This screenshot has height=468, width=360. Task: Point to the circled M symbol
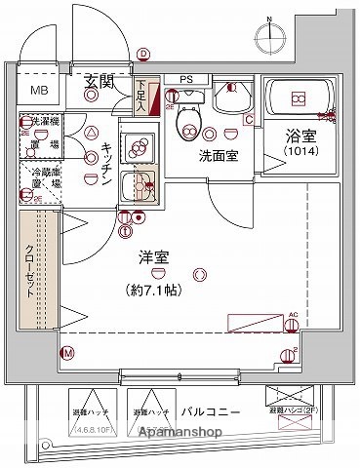(x=67, y=354)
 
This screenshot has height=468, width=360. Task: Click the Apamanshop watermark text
(x=184, y=432)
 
